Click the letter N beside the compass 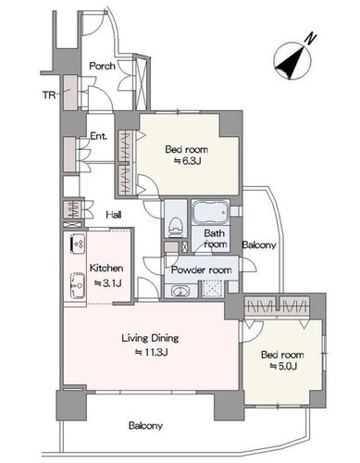click(x=311, y=38)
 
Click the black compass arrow click(x=292, y=63)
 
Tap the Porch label click(x=102, y=66)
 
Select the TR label click(x=49, y=95)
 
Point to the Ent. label click(x=99, y=136)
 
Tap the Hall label click(x=114, y=215)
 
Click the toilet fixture click(x=176, y=226)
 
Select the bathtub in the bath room click(x=210, y=213)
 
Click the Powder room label click(x=201, y=270)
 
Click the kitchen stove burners click(x=77, y=244)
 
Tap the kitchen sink click(x=78, y=285)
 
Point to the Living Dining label click(x=150, y=339)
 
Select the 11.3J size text click(x=151, y=352)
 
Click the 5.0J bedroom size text click(x=283, y=367)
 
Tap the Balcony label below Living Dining click(x=145, y=426)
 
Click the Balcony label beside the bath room click(x=259, y=245)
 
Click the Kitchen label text click(x=106, y=269)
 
